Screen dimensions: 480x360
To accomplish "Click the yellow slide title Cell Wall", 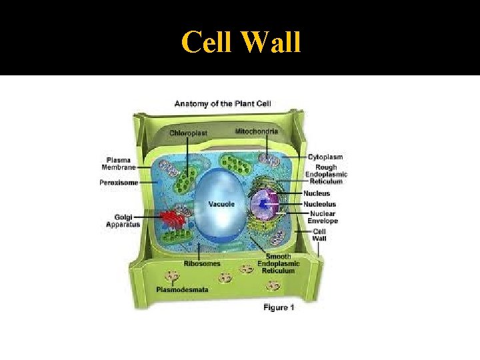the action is coord(241,43).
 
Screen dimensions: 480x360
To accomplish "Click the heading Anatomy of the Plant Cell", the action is coord(223,103).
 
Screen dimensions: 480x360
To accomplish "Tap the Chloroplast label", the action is coord(188,133).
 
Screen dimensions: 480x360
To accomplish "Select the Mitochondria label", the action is coord(257,131).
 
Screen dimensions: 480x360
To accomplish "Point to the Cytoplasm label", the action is coord(325,157).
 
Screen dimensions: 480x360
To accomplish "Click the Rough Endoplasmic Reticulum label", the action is coord(325,175).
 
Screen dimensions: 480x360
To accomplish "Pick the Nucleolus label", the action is coord(320,204).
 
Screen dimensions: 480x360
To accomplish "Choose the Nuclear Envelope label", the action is coord(324,217).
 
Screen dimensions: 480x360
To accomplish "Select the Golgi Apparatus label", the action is coord(122,221).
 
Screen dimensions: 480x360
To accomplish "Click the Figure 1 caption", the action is coord(279,307).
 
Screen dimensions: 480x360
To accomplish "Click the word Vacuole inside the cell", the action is coord(221,204).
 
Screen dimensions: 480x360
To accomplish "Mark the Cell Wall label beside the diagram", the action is coord(320,235).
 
